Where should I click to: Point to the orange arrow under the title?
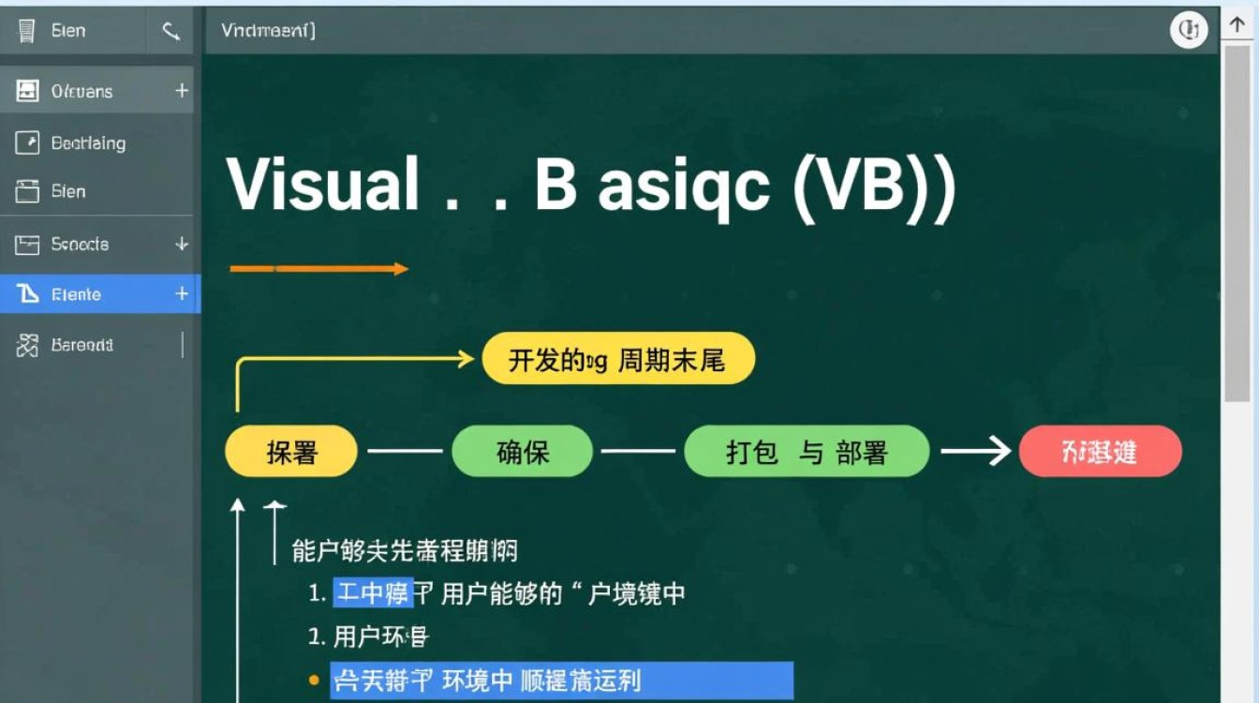point(318,269)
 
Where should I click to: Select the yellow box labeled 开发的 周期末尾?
point(618,359)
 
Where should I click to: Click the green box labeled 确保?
point(522,452)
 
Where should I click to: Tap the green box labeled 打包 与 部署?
point(807,452)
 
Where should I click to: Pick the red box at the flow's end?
point(1100,452)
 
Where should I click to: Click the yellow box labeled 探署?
point(291,452)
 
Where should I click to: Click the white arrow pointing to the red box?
point(975,452)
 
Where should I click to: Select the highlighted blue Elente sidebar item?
point(76,294)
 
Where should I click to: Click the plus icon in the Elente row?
point(182,294)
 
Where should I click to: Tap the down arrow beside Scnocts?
point(182,244)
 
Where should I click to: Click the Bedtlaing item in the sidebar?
point(87,143)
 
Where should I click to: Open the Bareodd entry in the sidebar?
point(81,345)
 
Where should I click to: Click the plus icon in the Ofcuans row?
point(182,91)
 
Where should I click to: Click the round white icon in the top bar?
point(1189,31)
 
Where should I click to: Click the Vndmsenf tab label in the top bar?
point(268,30)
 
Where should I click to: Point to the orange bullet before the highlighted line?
point(314,680)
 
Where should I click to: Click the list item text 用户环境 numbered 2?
point(380,637)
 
